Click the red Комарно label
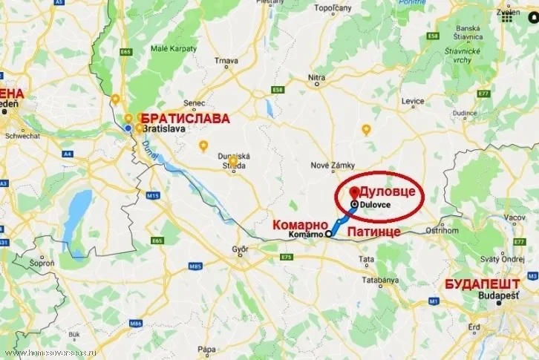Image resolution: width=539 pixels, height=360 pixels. coord(300,223)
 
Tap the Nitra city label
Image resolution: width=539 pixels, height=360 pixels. coord(317,76)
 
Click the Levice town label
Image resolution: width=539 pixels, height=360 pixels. coord(412,100)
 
